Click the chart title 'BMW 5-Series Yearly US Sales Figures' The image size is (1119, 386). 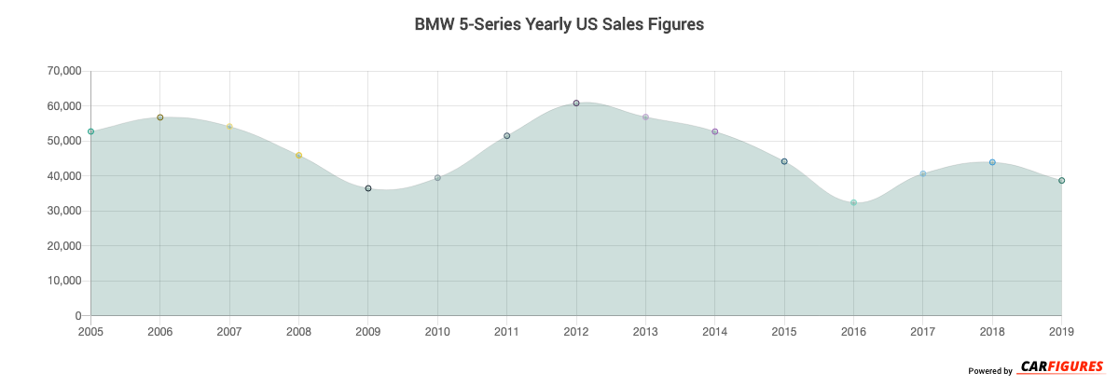559,25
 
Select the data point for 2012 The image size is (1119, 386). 576,103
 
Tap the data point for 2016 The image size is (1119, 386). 853,202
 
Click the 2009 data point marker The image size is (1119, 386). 368,188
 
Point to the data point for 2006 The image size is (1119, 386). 160,117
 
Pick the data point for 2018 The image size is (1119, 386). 992,162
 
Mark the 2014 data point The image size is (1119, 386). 714,131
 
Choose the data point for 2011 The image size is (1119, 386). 507,136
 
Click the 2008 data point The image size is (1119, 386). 298,156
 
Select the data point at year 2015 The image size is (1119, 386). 784,161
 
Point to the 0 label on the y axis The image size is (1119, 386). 77,316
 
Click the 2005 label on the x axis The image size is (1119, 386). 91,331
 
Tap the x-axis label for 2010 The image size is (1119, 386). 437,331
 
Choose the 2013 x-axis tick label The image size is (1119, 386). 645,331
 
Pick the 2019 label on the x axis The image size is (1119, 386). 1060,331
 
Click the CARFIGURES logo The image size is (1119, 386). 1061,366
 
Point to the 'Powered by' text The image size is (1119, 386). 989,371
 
